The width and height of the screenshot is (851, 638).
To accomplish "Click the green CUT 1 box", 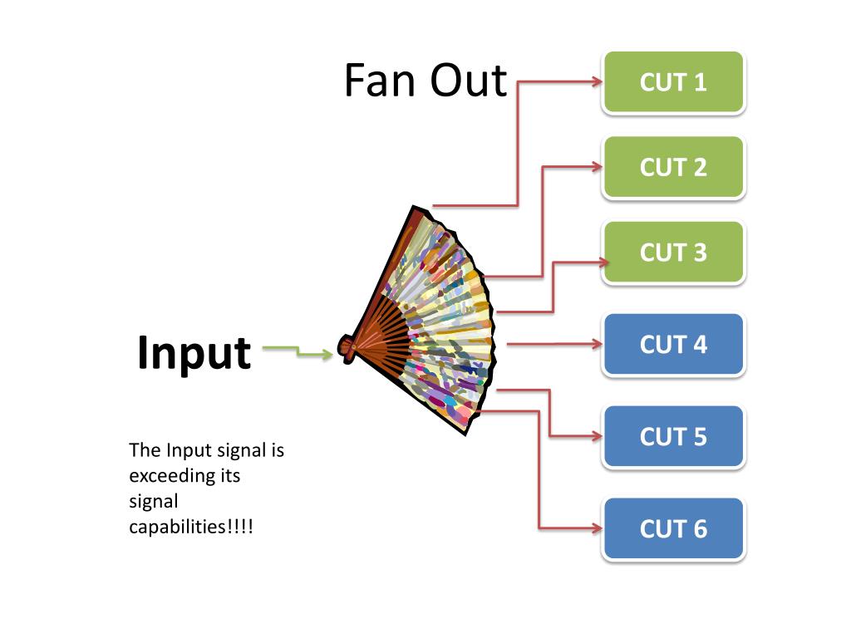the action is [673, 82].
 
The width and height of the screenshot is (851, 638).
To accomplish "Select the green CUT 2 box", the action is [673, 167].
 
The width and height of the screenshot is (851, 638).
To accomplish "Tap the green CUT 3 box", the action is [673, 253].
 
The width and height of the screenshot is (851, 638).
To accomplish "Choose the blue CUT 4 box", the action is [673, 345].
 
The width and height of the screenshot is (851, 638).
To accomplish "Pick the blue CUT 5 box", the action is [673, 437].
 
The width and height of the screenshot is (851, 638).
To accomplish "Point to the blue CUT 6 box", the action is [673, 529].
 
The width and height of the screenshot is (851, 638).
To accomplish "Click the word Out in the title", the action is [469, 81].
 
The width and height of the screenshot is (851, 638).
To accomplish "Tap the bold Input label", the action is [194, 354].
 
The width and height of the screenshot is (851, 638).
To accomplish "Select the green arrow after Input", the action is [298, 351].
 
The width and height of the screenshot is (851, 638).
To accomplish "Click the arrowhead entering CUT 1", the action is [597, 82].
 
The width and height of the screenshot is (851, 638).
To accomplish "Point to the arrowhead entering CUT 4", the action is [597, 344].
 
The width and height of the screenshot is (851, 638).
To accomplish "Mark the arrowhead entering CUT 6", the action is [597, 528].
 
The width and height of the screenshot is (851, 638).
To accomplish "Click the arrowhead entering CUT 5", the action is [597, 435].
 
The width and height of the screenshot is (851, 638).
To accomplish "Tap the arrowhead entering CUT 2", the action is [597, 166].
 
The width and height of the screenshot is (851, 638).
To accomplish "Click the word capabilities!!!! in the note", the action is [191, 527].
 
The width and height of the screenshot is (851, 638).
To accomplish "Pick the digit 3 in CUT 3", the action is [700, 253].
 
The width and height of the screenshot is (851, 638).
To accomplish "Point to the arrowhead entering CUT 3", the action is [603, 263].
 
